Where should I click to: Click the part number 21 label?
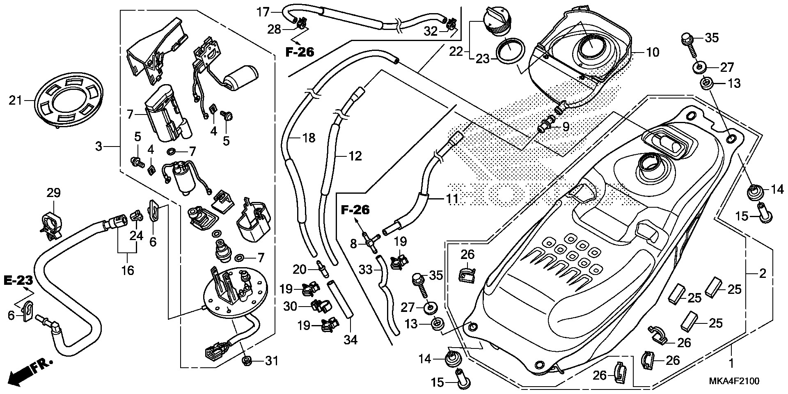16,100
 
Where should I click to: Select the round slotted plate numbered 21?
67,100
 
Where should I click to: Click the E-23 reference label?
18,281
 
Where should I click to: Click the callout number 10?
653,52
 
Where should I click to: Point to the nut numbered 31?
247,360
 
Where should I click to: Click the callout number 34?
350,339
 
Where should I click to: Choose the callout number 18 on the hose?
308,138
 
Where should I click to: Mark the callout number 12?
355,156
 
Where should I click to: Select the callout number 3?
98,146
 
